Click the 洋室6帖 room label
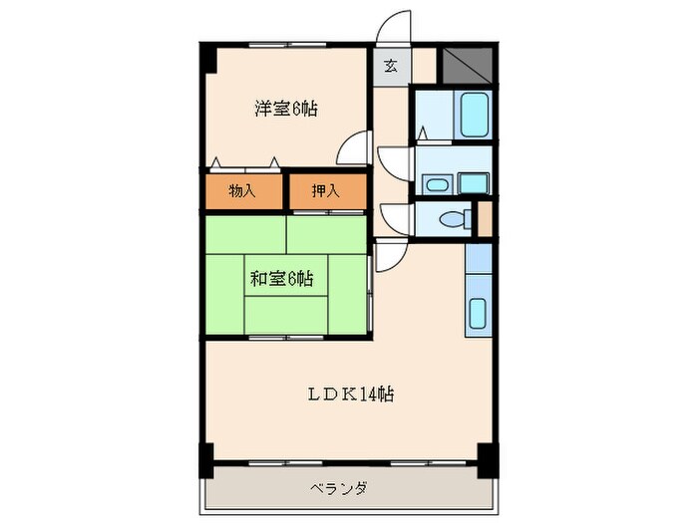click(285, 109)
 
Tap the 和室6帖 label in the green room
click(282, 280)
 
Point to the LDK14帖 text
click(349, 394)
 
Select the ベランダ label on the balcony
click(337, 488)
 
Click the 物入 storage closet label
click(242, 191)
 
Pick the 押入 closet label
click(325, 191)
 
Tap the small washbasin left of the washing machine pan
click(436, 183)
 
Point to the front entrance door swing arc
click(395, 27)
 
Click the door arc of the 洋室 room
click(355, 149)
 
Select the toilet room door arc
click(393, 218)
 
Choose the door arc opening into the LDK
click(390, 258)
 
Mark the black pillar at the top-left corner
click(207, 57)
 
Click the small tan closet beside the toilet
click(485, 219)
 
